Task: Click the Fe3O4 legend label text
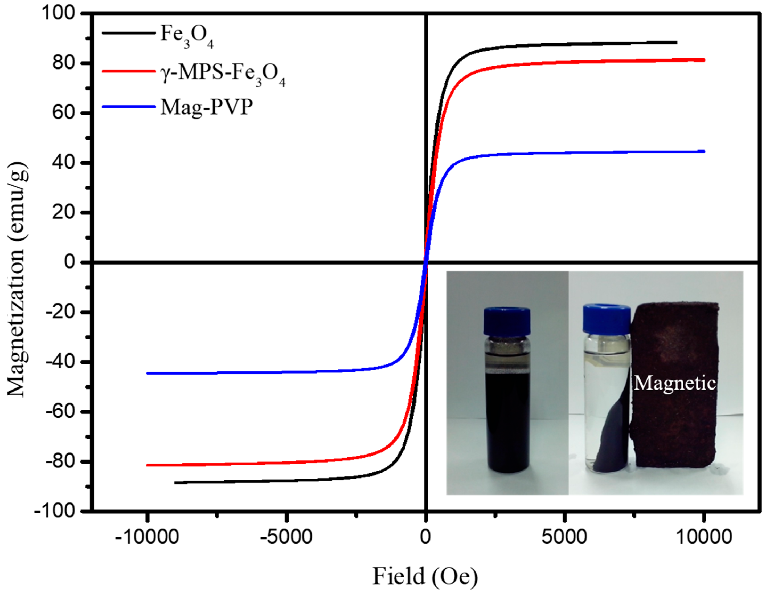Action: (187, 36)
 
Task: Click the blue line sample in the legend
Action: (129, 106)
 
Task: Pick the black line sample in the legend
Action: (129, 33)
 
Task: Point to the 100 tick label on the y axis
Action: (59, 13)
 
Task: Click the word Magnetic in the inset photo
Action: (675, 383)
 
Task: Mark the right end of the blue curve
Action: (704, 152)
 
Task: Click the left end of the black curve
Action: (175, 483)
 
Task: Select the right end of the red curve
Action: (704, 60)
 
